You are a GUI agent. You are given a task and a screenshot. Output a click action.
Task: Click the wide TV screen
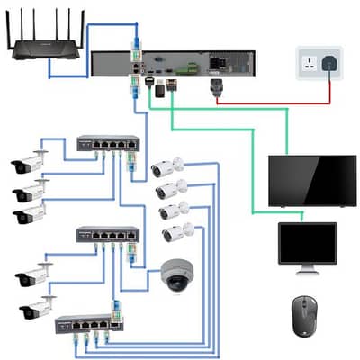[311, 180]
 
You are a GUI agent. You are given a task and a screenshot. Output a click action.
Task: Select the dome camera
[175, 276]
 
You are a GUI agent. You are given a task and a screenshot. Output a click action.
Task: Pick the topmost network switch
[107, 144]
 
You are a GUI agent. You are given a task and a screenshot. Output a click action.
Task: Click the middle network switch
[107, 235]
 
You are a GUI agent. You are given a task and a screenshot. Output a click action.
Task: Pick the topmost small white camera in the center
[166, 166]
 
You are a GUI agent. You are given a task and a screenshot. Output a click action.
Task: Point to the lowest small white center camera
[177, 233]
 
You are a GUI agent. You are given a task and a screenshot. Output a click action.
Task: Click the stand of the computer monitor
[307, 267]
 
